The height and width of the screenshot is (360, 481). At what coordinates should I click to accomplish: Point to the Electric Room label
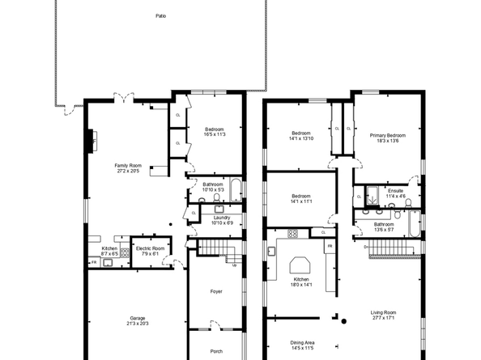tap(151, 248)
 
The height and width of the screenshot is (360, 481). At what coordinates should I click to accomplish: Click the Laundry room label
tap(223, 217)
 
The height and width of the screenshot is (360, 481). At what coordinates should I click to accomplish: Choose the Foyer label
tap(215, 291)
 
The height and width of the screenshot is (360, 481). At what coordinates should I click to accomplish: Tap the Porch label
tap(215, 350)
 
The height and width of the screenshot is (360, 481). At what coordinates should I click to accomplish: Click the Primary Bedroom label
tap(388, 135)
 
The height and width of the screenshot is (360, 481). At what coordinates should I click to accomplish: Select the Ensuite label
tap(395, 191)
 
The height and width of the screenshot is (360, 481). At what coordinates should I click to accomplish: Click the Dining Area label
tap(302, 342)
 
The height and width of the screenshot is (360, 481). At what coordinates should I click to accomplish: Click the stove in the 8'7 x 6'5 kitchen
tap(126, 252)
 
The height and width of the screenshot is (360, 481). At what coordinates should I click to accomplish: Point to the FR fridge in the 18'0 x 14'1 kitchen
tap(330, 245)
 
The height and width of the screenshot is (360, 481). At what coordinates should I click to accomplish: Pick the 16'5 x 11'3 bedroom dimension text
tap(215, 134)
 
